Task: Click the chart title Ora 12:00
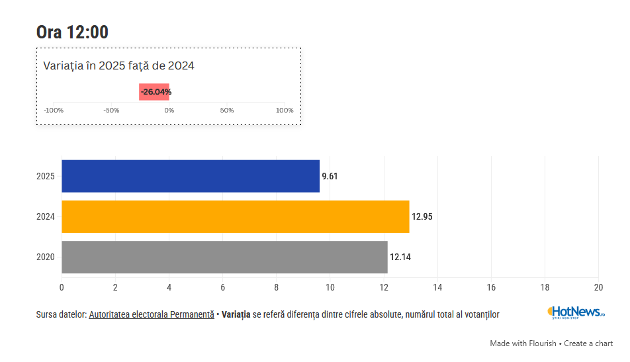[72, 32]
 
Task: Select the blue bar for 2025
[191, 176]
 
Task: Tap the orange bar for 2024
[235, 216]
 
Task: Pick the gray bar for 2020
[224, 257]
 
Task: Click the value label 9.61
[330, 177]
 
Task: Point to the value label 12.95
[422, 217]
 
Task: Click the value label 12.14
[400, 257]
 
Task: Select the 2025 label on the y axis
[46, 177]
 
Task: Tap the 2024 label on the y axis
[46, 217]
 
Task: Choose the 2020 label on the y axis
[46, 257]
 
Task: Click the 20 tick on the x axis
[598, 287]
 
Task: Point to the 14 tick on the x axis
[437, 287]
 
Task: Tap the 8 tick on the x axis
[277, 287]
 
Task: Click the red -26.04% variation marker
[155, 92]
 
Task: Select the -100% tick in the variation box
[54, 111]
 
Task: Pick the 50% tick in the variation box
[227, 111]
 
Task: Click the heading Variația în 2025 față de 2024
[118, 66]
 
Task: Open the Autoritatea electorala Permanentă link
[152, 314]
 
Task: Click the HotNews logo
[576, 312]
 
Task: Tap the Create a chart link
[588, 343]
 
